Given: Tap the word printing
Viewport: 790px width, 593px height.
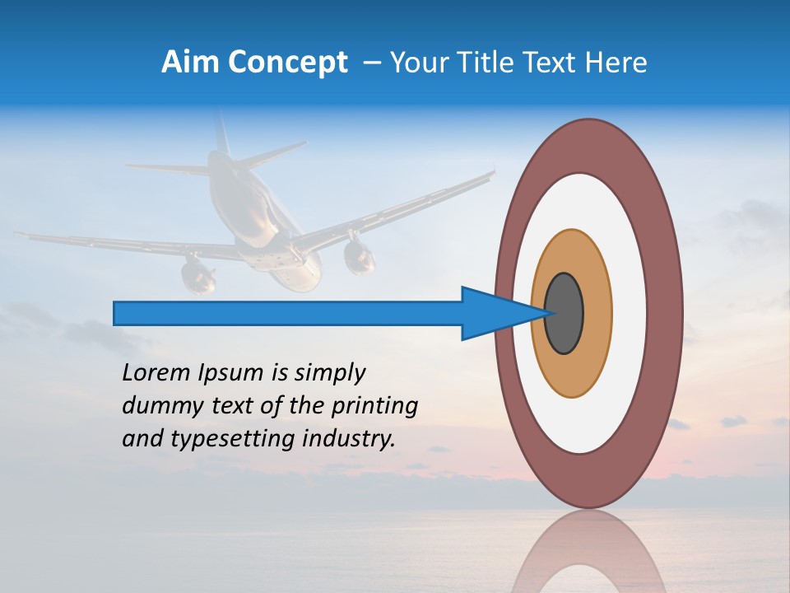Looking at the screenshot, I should click(x=374, y=406).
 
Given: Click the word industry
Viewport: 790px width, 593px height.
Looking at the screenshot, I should click(x=349, y=439).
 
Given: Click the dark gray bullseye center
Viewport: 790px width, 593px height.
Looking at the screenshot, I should click(x=565, y=314).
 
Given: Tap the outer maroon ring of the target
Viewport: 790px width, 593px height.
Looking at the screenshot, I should click(x=668, y=314).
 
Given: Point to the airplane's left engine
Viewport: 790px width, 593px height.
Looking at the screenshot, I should click(x=198, y=274).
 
